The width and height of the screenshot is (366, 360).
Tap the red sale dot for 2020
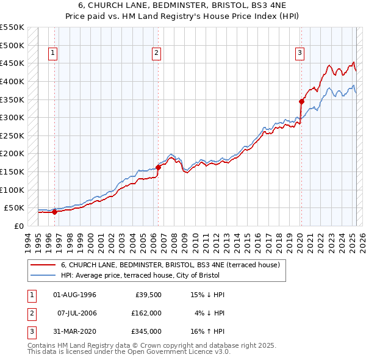301,101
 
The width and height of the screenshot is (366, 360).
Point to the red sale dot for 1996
54,212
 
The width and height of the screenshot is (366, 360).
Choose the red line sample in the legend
43,265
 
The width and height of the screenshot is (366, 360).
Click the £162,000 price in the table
146,313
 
